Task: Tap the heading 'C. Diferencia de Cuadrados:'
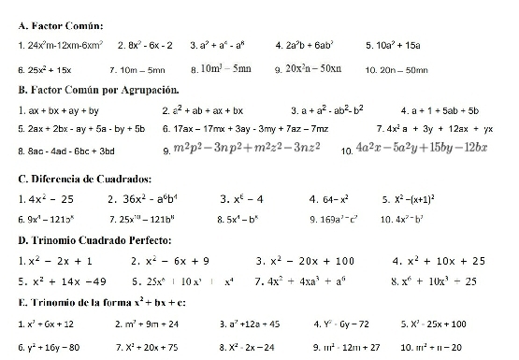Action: click(x=84, y=178)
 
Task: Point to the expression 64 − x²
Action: click(x=332, y=198)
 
